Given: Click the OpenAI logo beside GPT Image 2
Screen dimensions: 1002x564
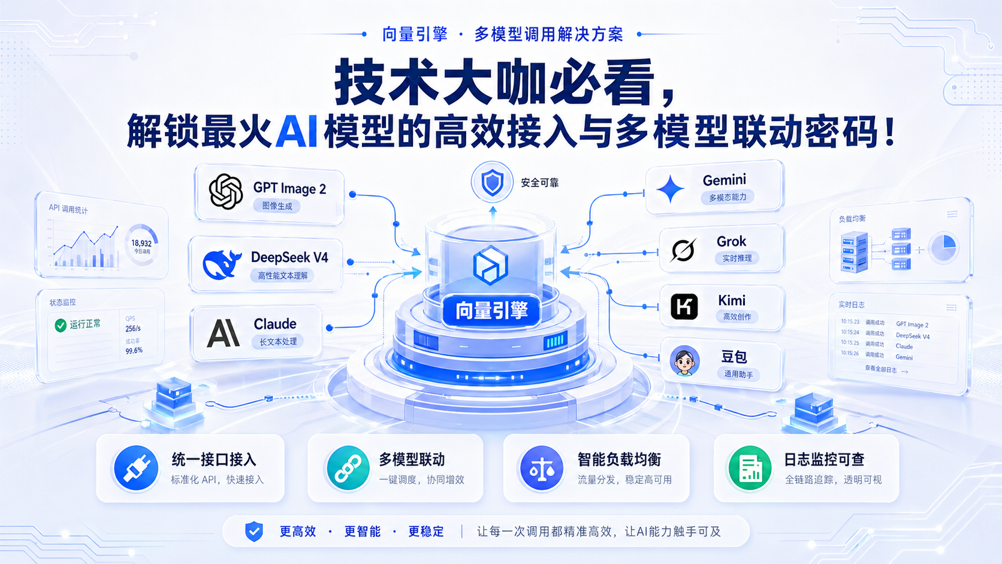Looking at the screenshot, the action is (226, 191).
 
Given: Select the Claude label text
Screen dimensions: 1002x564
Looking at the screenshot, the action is (275, 324).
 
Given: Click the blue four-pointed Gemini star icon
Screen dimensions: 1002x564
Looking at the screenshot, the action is (671, 189).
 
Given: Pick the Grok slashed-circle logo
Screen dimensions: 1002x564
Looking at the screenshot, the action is (683, 250).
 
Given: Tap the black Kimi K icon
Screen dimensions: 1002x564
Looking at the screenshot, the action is (684, 307).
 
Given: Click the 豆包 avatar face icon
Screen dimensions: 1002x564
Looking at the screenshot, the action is (684, 361).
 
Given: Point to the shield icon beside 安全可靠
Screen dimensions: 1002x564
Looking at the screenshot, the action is (493, 182).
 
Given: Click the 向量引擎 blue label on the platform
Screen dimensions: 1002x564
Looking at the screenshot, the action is (491, 310).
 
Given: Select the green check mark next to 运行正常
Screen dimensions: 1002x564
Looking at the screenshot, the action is (61, 325).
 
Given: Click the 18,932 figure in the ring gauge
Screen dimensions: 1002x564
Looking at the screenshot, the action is (141, 243).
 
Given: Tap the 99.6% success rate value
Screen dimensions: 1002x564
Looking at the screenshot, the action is (134, 351).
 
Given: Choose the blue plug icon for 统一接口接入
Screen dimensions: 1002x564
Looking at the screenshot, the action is (135, 469).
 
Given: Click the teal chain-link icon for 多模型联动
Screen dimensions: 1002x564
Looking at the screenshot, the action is (348, 469).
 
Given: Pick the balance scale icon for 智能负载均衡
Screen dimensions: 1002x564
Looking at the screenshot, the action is (542, 469).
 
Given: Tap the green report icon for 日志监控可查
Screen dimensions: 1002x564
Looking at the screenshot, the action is (750, 469).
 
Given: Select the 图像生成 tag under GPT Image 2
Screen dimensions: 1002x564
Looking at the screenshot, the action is (277, 206).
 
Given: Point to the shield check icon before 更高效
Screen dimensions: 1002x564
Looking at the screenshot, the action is (254, 531).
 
